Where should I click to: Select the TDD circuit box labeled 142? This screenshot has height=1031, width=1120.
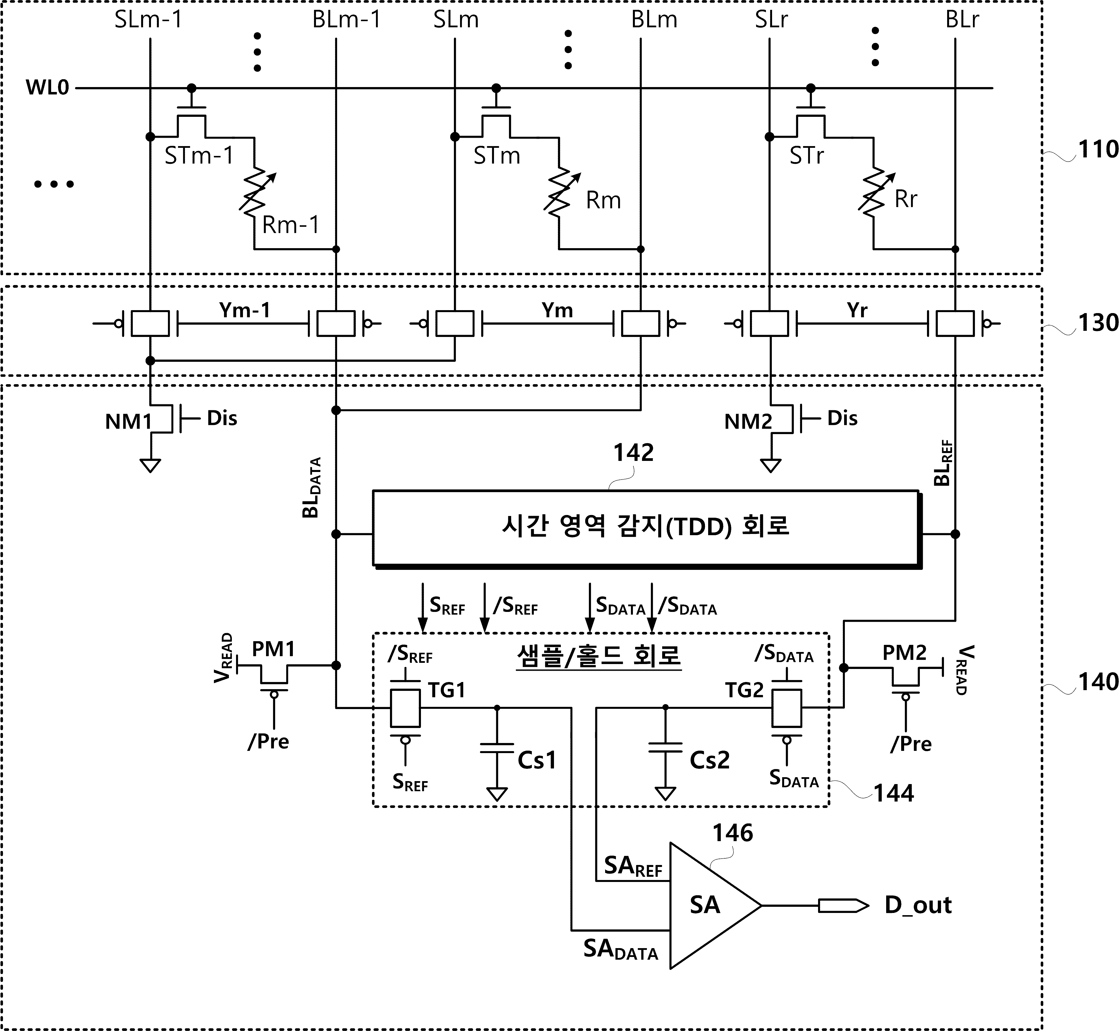(647, 529)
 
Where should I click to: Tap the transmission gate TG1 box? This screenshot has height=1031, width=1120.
(405, 708)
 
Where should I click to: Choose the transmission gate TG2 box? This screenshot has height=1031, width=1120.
(786, 708)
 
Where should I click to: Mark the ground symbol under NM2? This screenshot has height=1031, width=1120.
(771, 465)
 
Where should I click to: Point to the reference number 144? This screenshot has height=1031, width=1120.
(894, 793)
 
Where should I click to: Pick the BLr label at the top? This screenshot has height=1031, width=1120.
(962, 19)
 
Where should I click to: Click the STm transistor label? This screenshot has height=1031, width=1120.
(496, 156)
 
